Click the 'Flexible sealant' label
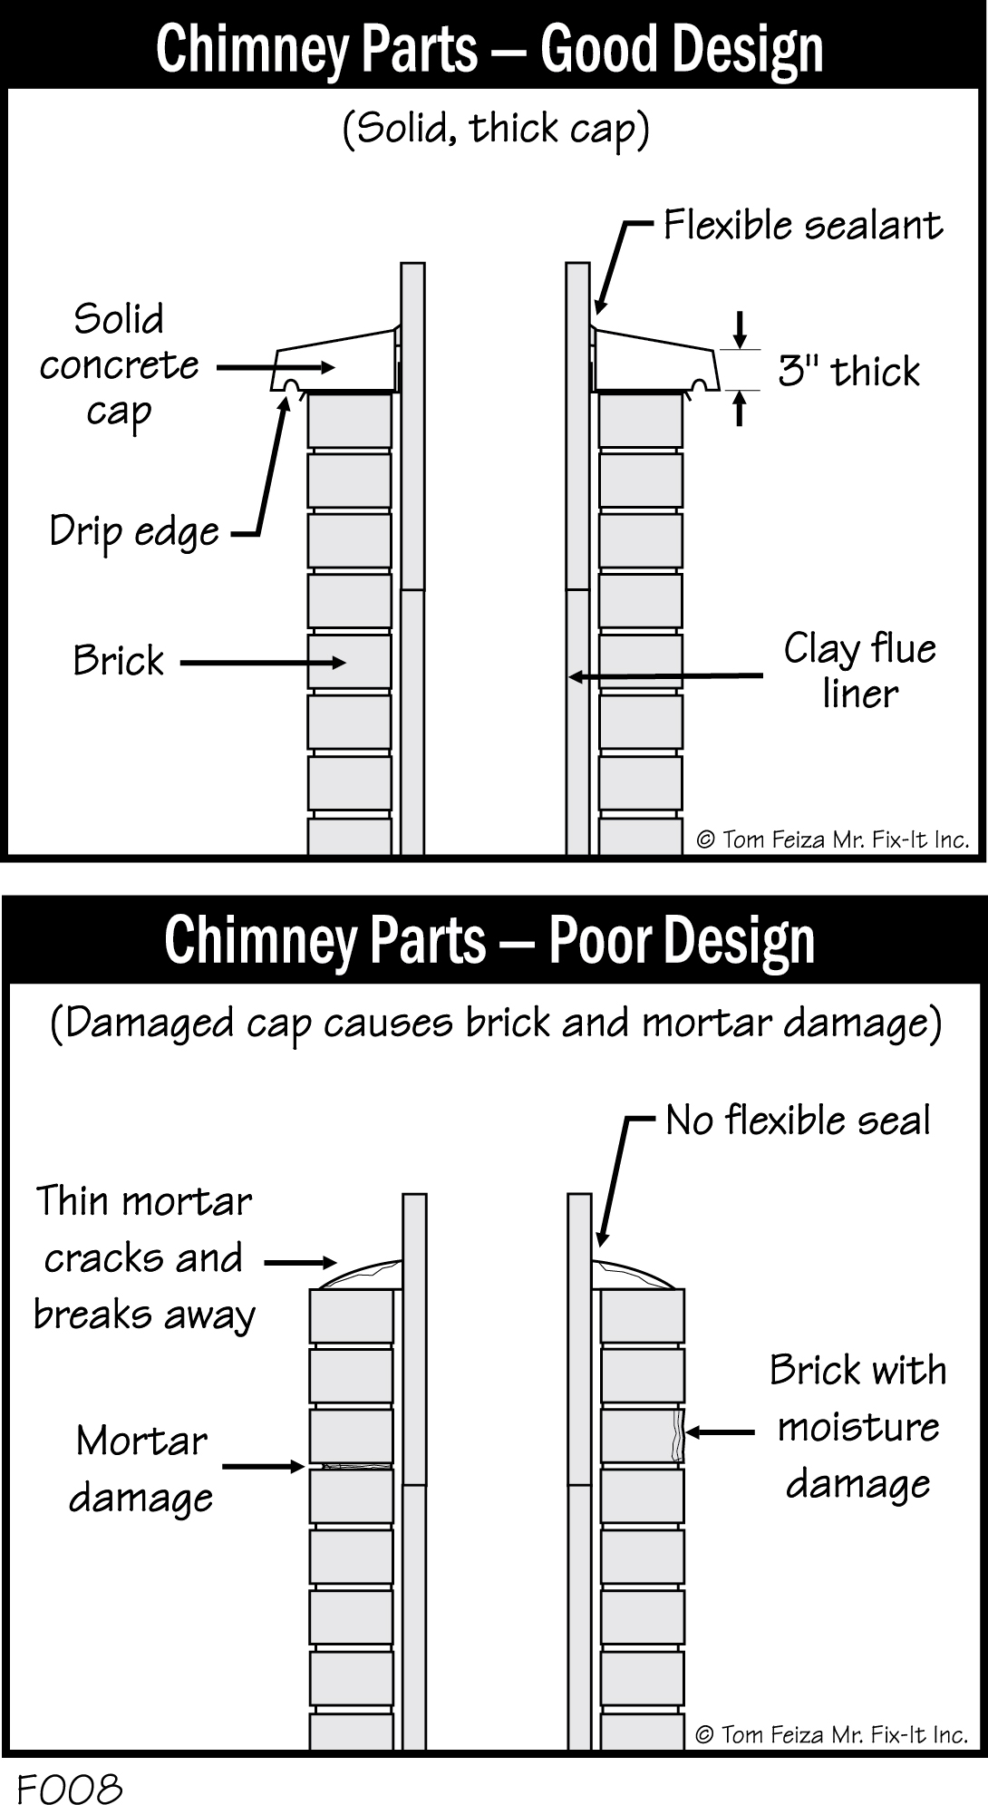tap(802, 225)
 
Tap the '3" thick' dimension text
tap(848, 372)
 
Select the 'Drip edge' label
tap(134, 532)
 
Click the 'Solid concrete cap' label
tap(119, 366)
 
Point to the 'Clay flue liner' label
tap(859, 671)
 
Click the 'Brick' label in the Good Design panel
tap(118, 661)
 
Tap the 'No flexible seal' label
tap(798, 1121)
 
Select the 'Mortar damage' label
tap(141, 1470)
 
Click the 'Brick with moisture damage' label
tap(857, 1427)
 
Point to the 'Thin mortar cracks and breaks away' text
tap(143, 1258)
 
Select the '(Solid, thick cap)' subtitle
tap(496, 129)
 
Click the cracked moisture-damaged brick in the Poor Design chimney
tap(643, 1435)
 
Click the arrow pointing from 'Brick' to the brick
tap(263, 663)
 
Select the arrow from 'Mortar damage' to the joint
tap(263, 1467)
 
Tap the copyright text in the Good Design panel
tap(832, 839)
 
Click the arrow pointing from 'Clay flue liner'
tap(666, 676)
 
